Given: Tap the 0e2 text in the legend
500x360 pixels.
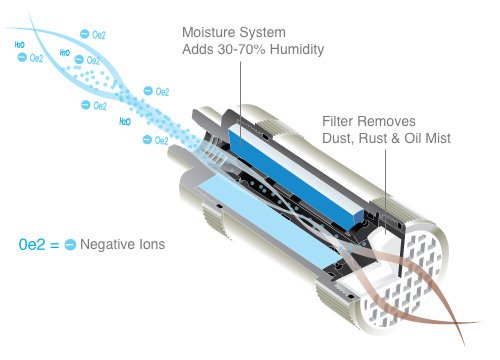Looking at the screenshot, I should [31, 244].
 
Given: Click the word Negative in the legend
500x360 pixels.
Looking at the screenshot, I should [107, 244].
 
